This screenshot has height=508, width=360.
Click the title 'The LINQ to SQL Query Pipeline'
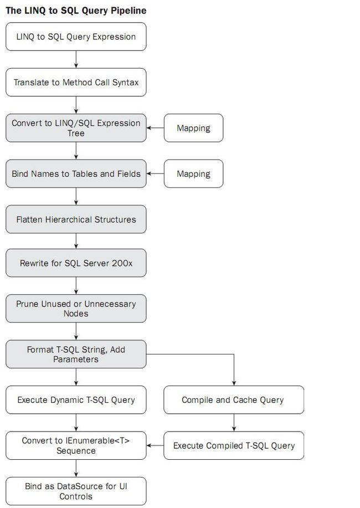[x=76, y=11]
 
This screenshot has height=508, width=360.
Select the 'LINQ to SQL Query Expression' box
[x=76, y=37]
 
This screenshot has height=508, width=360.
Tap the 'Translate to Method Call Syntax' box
[x=76, y=83]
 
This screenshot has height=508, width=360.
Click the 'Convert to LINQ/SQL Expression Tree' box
[x=76, y=128]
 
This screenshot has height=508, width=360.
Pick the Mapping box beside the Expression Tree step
[x=193, y=128]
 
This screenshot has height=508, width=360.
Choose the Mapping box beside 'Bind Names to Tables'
[x=193, y=173]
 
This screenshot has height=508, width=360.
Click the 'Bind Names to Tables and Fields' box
[x=76, y=173]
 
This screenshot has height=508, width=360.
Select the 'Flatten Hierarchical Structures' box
[x=76, y=219]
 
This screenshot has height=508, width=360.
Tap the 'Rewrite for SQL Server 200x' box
[x=76, y=263]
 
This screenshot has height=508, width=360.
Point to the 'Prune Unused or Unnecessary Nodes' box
[x=76, y=309]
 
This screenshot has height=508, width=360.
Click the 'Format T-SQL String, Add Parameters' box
[x=76, y=354]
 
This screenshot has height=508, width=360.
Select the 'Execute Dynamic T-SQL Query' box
[x=76, y=400]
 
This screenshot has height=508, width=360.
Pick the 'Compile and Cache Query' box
[x=234, y=400]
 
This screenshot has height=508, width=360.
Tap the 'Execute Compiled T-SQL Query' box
[x=234, y=445]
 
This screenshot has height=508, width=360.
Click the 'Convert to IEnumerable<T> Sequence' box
[x=76, y=445]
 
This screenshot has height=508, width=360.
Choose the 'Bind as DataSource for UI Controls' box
[x=76, y=491]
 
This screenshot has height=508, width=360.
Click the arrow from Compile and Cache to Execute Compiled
[x=234, y=423]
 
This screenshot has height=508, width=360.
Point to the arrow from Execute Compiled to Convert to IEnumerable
[x=155, y=445]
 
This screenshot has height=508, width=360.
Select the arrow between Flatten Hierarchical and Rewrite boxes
[x=76, y=241]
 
